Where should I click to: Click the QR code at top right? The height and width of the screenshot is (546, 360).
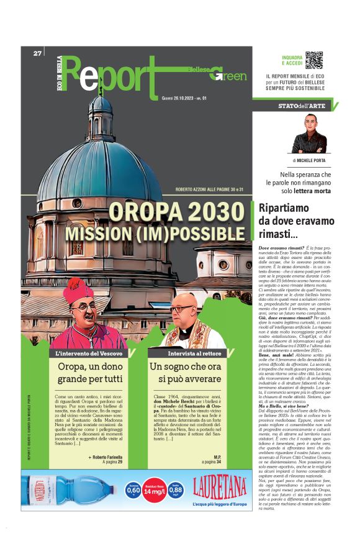pos(314,60)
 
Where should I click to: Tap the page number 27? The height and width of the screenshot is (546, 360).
pos(38,53)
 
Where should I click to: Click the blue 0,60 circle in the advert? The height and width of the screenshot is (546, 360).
pos(133,490)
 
